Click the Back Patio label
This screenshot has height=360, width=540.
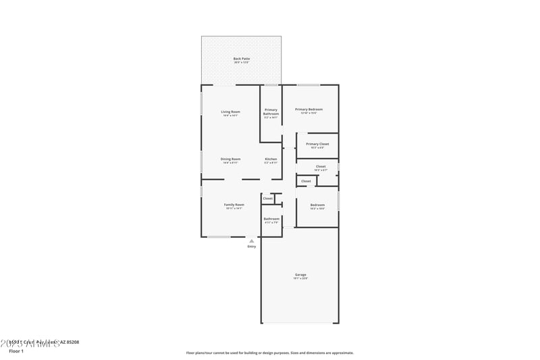click(241, 59)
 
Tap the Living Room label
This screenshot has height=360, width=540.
click(231, 111)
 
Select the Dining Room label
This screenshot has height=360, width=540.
click(230, 159)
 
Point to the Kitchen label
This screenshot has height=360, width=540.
click(271, 159)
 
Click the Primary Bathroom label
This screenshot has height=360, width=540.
click(271, 111)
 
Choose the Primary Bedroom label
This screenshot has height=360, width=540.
click(308, 109)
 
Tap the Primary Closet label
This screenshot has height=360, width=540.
click(317, 144)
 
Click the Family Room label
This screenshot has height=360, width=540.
click(234, 204)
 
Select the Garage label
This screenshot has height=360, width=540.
click(300, 275)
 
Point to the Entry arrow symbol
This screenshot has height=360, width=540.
click(252, 240)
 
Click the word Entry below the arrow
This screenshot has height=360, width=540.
click(252, 247)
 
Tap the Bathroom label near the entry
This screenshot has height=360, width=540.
click(271, 218)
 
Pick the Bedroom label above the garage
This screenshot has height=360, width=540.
click(317, 205)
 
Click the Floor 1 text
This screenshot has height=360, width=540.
click(16, 351)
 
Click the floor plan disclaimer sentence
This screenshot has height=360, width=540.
click(269, 353)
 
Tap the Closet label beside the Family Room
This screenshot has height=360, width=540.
click(268, 199)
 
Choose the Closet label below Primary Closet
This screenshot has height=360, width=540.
click(321, 166)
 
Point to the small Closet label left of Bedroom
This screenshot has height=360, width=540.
click(306, 181)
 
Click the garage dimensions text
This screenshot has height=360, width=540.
click(300, 278)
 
